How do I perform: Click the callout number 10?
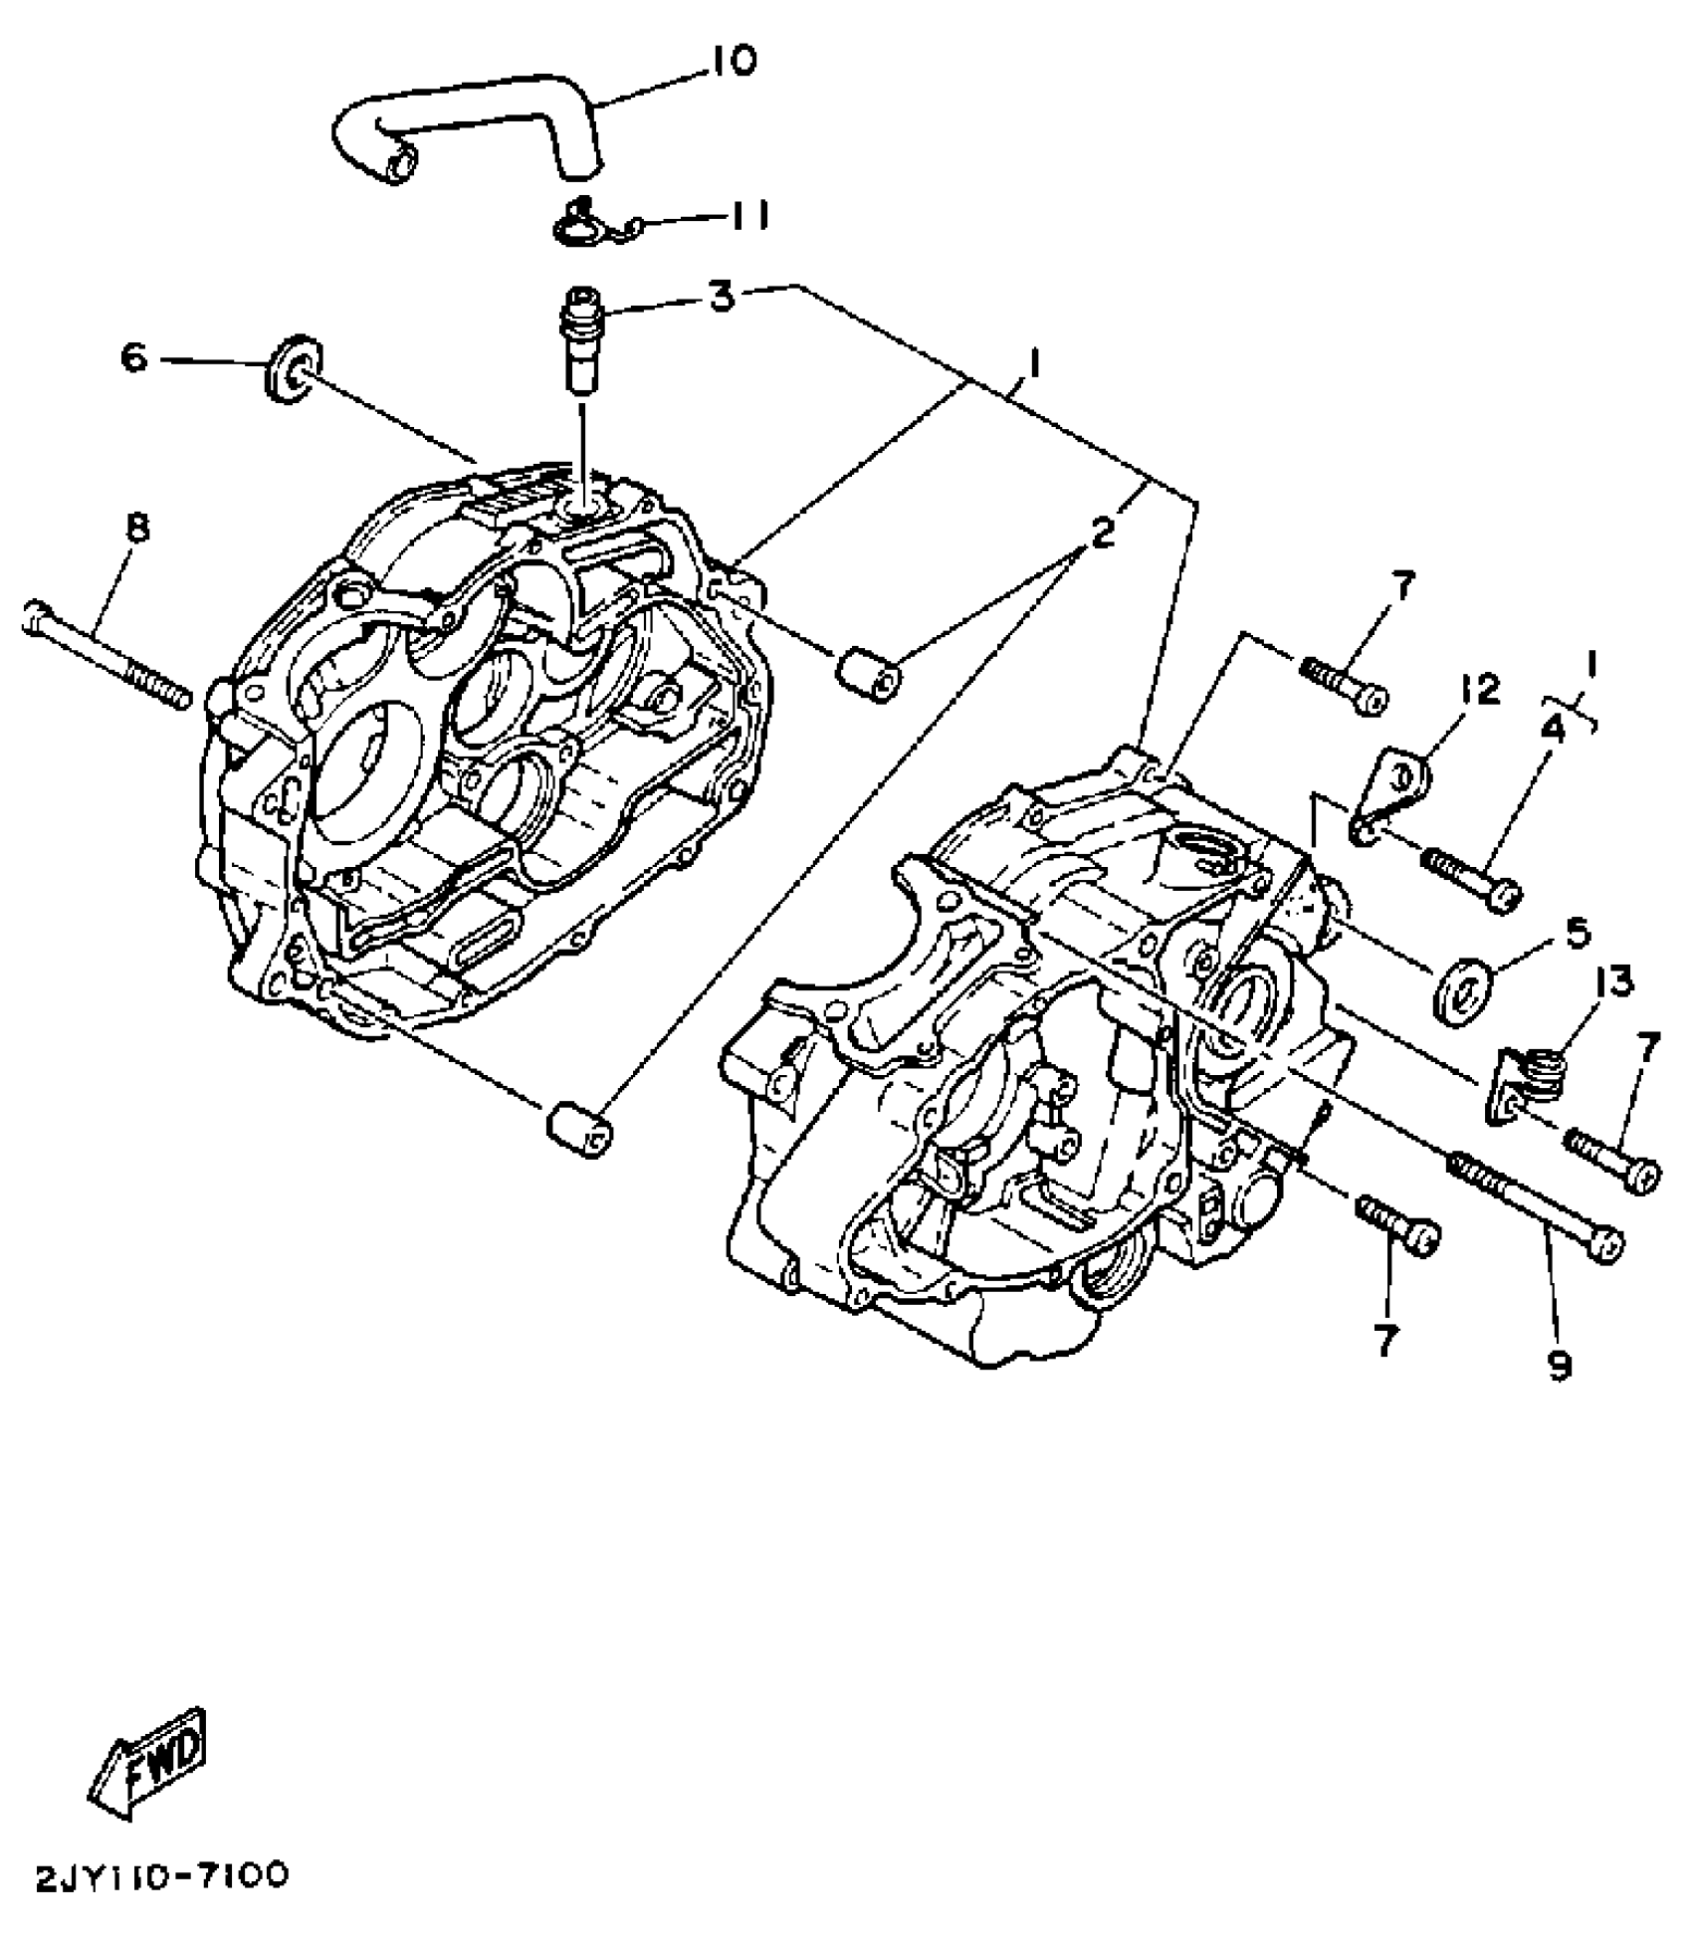[x=733, y=61]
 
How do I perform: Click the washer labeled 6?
[x=294, y=369]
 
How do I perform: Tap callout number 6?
[x=134, y=356]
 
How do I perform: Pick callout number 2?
[x=1102, y=534]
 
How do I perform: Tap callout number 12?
[x=1481, y=688]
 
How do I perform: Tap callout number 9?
[x=1560, y=1366]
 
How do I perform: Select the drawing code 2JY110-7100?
[x=161, y=1875]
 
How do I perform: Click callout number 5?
[x=1577, y=934]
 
